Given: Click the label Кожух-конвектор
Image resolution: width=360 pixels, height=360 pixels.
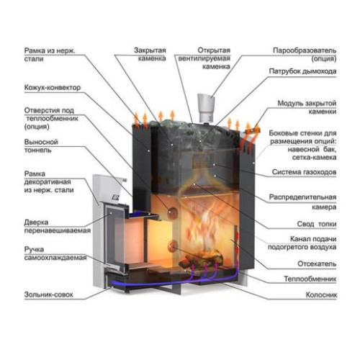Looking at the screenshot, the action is point(53,88).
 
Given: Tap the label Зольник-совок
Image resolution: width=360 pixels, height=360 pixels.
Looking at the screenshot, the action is point(48,294).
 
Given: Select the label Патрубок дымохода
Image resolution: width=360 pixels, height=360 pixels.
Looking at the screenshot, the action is point(302,71).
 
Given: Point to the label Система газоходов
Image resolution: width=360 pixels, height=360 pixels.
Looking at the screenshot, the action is point(304,172).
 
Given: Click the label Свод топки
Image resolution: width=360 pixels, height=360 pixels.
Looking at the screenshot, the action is point(317,224).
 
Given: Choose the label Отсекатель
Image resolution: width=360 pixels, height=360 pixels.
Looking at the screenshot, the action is point(317,264).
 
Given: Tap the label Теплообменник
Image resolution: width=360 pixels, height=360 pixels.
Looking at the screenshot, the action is point(310,279).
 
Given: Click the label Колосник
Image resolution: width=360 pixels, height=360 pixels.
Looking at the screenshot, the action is point(321,294).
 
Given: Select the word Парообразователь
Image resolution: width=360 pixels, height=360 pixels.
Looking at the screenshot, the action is point(305,50).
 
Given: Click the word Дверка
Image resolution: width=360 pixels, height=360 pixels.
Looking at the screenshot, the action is point(36,222).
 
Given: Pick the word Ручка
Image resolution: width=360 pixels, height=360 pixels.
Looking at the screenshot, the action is point(34,250).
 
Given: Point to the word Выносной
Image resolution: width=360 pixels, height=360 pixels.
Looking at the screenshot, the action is point(41,142).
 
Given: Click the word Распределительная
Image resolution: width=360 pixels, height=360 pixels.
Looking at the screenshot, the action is point(302,197).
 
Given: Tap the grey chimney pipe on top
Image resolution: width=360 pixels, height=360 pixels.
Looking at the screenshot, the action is point(206,109).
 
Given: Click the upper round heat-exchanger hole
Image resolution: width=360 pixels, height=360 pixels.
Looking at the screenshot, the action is point(172,212).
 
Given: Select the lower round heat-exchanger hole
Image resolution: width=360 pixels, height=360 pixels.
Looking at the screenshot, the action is point(173,246).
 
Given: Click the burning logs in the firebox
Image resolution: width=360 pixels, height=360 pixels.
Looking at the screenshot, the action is point(201,258).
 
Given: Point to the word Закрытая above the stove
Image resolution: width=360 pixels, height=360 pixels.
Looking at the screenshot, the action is point(150,50).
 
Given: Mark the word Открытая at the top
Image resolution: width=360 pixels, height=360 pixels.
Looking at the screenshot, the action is point(214,50).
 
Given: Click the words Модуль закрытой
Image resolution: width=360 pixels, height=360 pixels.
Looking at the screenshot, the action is point(307,104).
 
